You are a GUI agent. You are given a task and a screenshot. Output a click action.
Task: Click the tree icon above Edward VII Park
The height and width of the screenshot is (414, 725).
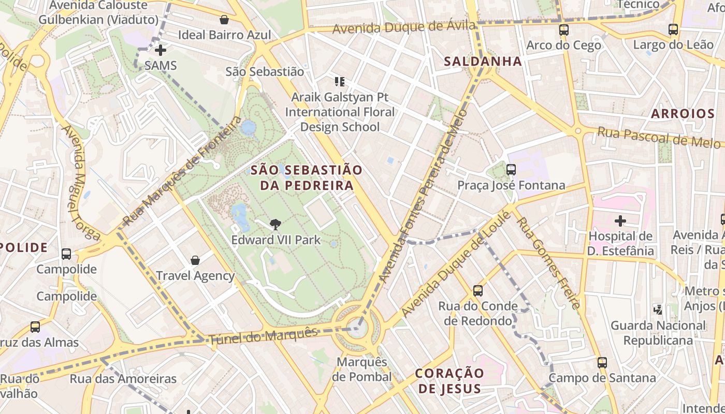(275, 224)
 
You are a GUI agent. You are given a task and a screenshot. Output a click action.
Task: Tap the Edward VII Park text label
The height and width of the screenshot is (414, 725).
(275, 240)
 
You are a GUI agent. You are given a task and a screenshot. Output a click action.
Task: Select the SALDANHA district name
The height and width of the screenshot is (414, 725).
(483, 62)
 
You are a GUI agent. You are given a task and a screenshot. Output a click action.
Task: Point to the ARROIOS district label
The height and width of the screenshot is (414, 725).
(683, 114)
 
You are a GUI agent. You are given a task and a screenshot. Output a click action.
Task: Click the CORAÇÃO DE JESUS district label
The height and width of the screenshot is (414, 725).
(450, 381)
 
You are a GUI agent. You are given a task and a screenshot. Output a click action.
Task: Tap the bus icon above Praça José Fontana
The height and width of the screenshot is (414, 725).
(511, 169)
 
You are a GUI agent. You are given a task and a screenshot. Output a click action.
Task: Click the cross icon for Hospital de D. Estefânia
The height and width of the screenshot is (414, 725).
(620, 221)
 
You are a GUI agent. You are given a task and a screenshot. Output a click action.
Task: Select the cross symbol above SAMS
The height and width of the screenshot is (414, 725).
(161, 50)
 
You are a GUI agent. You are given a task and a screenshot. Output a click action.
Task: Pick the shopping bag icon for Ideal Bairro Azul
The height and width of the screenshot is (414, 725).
(224, 20)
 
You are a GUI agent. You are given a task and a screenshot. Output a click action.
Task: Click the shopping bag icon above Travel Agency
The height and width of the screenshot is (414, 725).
(195, 260)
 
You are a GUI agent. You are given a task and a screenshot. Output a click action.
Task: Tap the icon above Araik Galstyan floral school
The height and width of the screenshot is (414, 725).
(340, 81)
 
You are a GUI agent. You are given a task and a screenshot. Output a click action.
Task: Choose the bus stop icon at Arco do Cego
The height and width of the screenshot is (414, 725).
(564, 30)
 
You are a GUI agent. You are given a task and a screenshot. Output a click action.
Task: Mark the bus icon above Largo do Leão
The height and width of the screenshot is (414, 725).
(673, 29)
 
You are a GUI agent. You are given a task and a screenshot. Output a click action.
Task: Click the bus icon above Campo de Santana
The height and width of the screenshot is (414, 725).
(602, 362)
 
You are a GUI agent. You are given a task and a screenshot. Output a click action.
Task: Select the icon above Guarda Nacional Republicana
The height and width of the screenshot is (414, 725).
(658, 309)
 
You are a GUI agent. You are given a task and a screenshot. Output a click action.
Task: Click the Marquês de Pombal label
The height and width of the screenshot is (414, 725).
(361, 369)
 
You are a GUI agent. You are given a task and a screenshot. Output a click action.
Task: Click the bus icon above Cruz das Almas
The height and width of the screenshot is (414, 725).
(35, 327)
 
